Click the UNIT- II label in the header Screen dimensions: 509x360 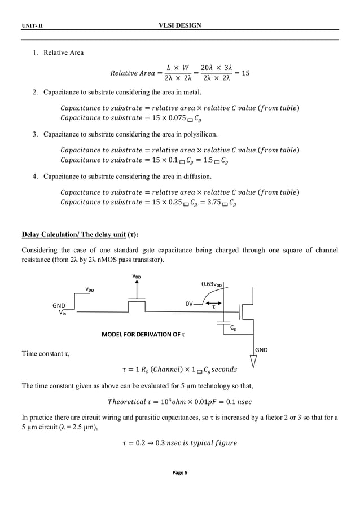tap(32, 27)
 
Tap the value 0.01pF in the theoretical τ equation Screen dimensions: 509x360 tap(201, 402)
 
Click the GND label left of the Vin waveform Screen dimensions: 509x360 tap(59, 305)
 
